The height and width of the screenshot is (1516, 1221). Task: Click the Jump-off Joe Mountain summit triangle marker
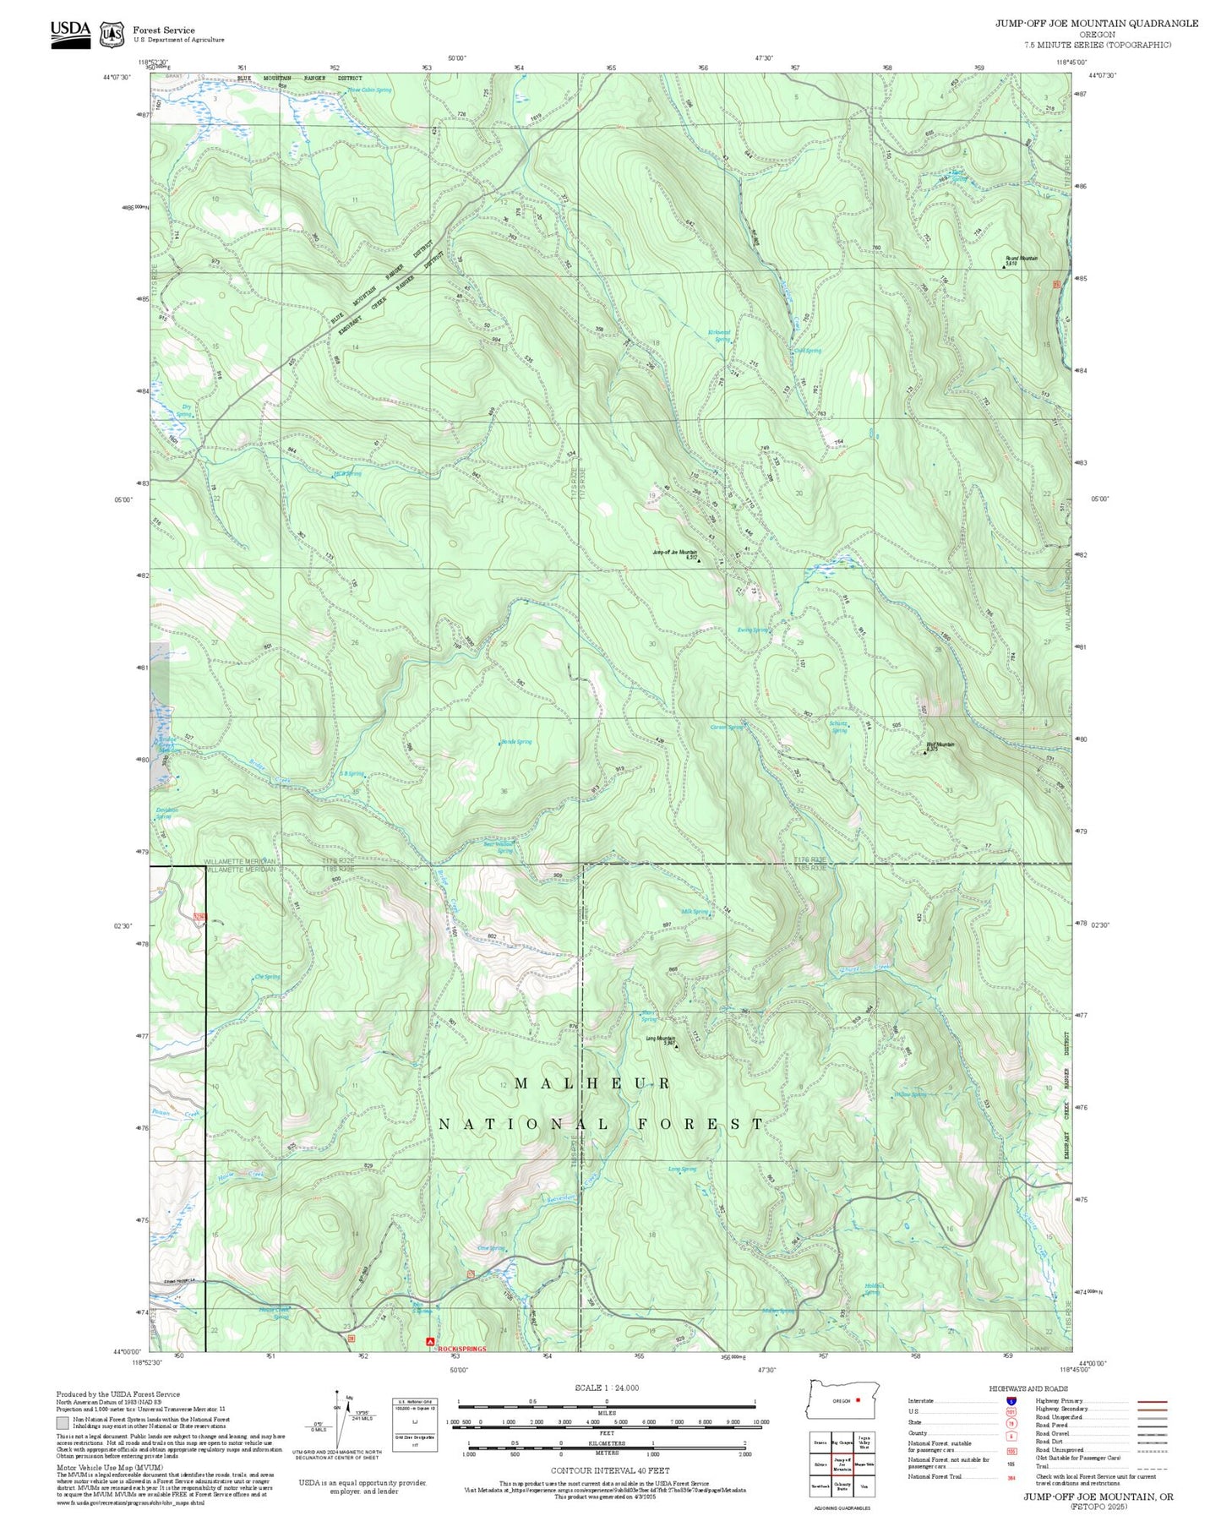click(x=699, y=560)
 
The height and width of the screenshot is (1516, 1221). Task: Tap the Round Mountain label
click(x=1021, y=259)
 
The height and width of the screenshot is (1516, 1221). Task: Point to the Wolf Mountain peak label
click(x=940, y=744)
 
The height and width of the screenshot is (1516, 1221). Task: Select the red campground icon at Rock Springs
click(x=430, y=1340)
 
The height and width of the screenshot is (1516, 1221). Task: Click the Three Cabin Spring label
click(x=370, y=90)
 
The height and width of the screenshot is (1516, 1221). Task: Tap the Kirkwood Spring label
click(x=718, y=335)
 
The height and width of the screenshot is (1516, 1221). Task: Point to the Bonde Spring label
click(x=516, y=742)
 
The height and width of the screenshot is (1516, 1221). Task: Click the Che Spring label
click(x=267, y=977)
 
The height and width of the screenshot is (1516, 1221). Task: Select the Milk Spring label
click(x=695, y=912)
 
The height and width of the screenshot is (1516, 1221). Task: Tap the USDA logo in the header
click(x=70, y=33)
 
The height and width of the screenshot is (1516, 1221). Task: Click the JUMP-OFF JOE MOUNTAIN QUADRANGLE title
click(x=1096, y=23)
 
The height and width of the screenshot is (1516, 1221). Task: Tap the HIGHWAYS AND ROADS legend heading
click(x=1028, y=1388)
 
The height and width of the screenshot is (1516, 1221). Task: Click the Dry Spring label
click(x=186, y=410)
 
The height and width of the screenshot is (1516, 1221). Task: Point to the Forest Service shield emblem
click(x=112, y=35)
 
